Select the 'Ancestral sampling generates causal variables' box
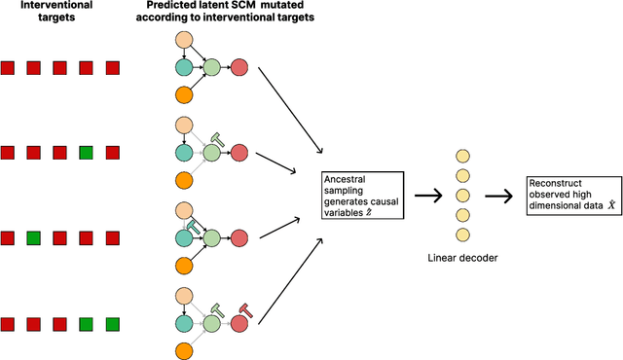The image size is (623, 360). click(x=361, y=195)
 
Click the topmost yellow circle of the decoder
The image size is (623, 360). click(x=460, y=156)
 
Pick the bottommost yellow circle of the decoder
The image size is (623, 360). click(x=460, y=234)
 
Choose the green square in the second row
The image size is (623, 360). click(x=86, y=153)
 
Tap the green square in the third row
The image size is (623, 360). click(x=33, y=237)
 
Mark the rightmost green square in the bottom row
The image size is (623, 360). click(x=112, y=323)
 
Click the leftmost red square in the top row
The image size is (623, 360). click(x=7, y=67)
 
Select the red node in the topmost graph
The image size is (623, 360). click(x=240, y=67)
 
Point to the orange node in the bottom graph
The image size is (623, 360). click(x=183, y=350)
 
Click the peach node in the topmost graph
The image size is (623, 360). click(x=183, y=40)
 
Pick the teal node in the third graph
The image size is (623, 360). click(x=183, y=237)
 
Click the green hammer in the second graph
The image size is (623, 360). click(x=218, y=140)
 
